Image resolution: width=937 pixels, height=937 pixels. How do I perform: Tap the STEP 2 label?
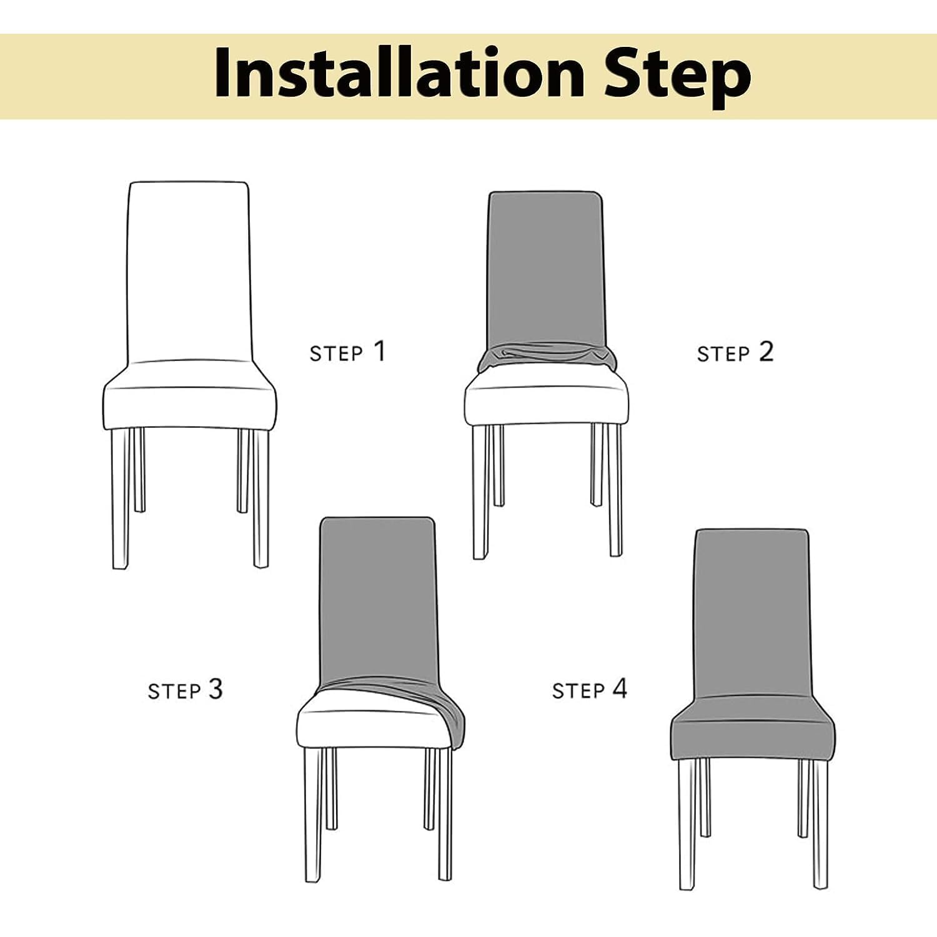(x=735, y=352)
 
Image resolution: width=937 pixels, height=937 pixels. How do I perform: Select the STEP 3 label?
(x=185, y=690)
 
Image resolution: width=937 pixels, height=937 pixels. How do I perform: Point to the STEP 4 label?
(x=589, y=690)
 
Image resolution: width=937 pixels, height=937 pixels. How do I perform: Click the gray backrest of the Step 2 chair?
(x=546, y=269)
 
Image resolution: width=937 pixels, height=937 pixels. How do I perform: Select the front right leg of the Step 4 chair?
(x=821, y=825)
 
